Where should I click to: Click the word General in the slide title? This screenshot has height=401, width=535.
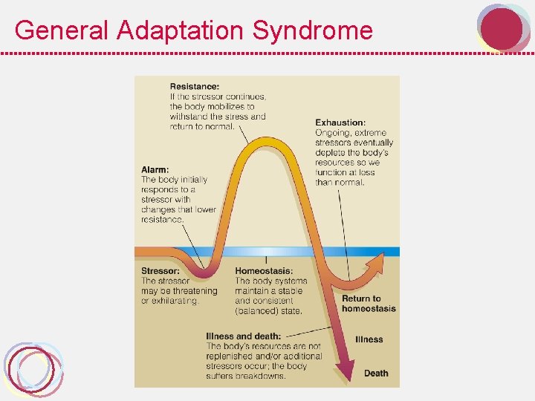tap(62, 30)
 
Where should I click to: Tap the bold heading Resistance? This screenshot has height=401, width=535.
tap(195, 86)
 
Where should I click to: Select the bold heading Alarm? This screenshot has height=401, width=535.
tap(155, 169)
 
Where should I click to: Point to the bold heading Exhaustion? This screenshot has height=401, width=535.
tap(340, 123)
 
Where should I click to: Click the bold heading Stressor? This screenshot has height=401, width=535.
tap(160, 271)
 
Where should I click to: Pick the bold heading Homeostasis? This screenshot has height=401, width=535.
tap(264, 271)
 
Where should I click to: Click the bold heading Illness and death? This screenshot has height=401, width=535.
tap(243, 336)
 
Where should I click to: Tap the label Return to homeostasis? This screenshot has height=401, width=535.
tap(369, 304)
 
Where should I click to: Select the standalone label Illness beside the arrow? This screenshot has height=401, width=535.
tap(369, 339)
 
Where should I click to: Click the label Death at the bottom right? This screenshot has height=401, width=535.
tap(376, 374)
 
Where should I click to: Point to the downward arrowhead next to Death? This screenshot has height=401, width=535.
tap(346, 371)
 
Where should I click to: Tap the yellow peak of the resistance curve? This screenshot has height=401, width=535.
tap(266, 142)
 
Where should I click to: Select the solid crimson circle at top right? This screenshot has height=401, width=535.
tap(502, 29)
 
